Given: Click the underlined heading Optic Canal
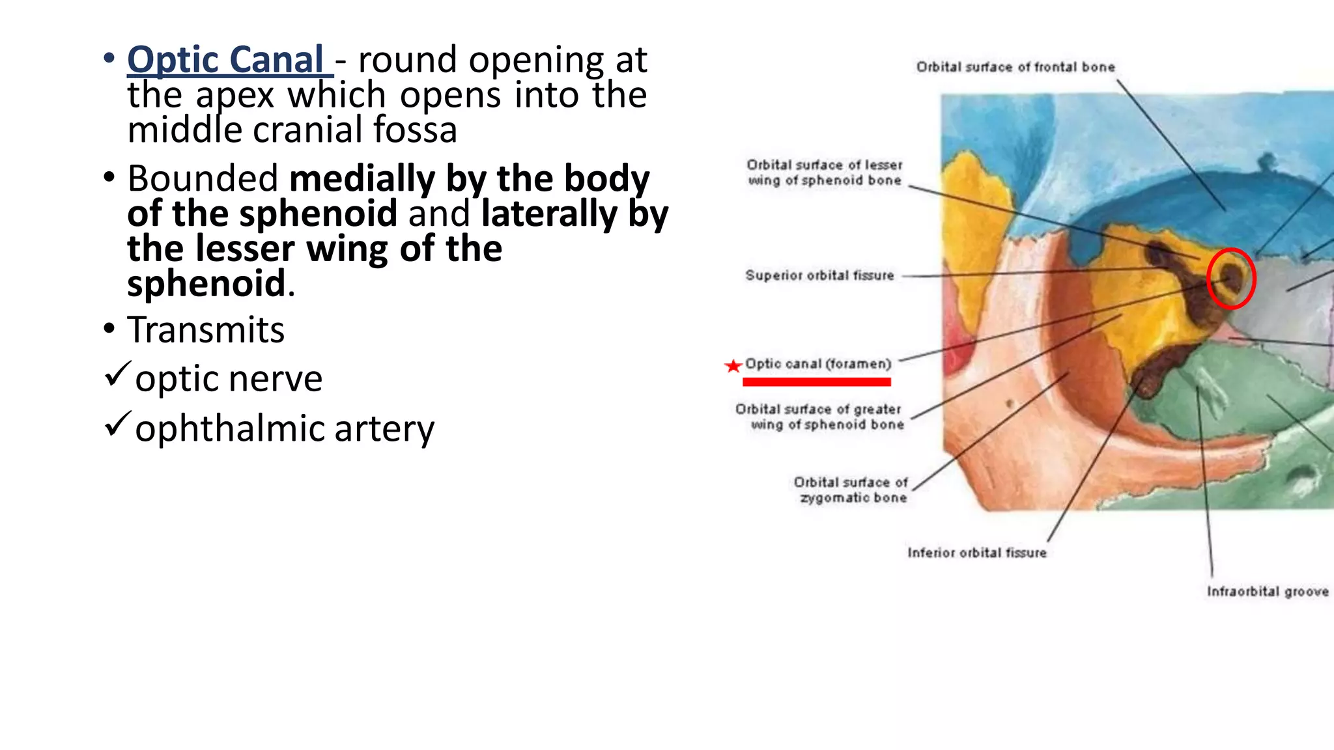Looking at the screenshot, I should coord(225,60).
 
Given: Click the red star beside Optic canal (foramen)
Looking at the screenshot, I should coord(733,366).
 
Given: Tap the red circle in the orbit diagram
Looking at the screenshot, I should coord(1230,278).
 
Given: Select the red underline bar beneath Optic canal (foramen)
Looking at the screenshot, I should coord(817,382).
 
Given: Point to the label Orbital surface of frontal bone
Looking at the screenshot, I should coord(1015,67).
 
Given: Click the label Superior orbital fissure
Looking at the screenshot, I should coord(819,275).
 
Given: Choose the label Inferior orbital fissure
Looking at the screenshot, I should coord(976,553).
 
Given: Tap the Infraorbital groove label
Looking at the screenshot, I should coord(1267,591).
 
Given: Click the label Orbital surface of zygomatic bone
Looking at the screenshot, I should coord(851,490).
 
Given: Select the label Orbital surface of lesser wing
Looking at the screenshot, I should coord(825,173).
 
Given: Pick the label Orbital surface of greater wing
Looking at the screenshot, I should coord(819,417).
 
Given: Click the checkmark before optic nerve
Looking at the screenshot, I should coord(117,374).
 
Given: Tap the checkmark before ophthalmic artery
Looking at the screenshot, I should coord(117,424).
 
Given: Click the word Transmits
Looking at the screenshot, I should coord(206,329).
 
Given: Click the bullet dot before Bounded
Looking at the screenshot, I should coord(109,177).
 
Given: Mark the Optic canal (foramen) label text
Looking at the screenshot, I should coord(817,364).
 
